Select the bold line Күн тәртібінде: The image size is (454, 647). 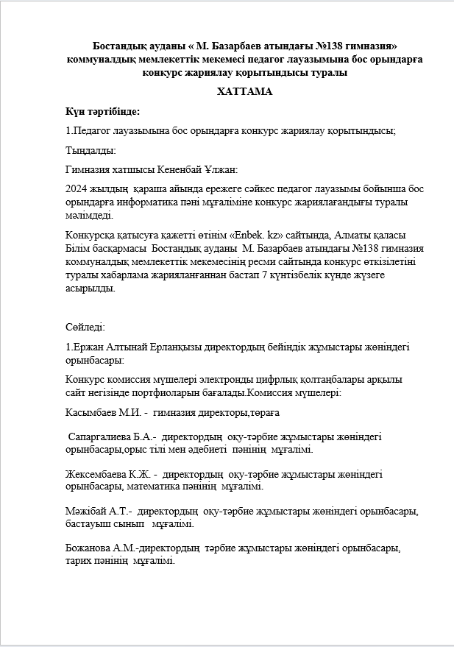tap(102, 111)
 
